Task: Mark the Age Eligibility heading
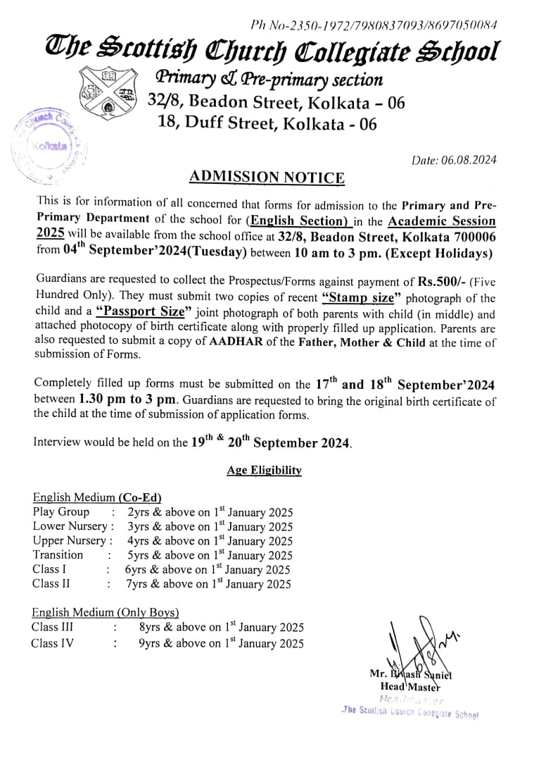click(264, 471)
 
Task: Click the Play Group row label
click(61, 512)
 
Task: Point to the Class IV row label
click(52, 643)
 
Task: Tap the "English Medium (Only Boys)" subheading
click(106, 612)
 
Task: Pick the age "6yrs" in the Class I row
click(136, 569)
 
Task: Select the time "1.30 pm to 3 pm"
click(129, 399)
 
